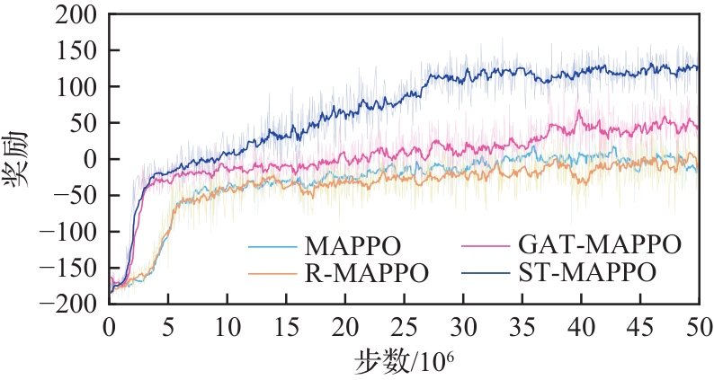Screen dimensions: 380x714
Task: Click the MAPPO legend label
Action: [353, 245]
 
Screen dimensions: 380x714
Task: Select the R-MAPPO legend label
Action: [364, 270]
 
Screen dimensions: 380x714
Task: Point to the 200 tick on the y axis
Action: [78, 14]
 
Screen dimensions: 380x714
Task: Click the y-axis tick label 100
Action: [78, 87]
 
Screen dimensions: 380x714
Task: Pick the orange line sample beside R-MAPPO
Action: [273, 270]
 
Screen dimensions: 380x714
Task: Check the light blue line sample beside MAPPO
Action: [273, 245]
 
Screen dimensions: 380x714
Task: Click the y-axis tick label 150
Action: [78, 50]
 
